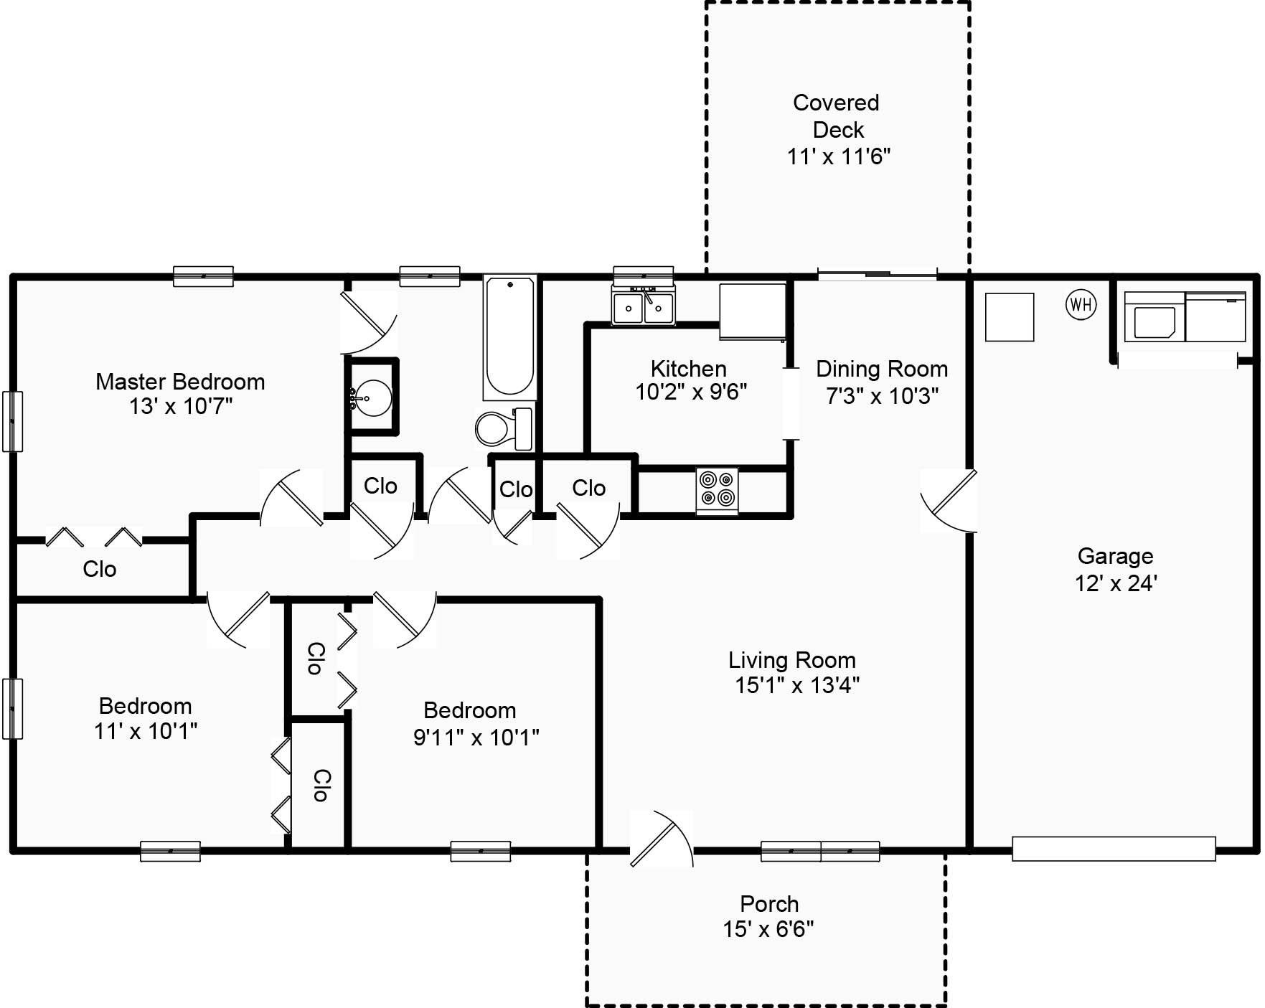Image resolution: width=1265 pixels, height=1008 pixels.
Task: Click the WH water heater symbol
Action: pyautogui.click(x=1081, y=304)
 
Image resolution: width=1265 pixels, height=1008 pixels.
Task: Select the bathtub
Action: pyautogui.click(x=509, y=337)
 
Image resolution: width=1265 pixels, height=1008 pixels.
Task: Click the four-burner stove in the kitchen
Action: pyautogui.click(x=718, y=490)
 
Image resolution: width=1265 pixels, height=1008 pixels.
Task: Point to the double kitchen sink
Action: pyautogui.click(x=643, y=306)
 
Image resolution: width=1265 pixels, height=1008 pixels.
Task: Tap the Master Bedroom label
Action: pyautogui.click(x=180, y=382)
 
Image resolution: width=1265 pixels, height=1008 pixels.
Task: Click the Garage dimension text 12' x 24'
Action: pyautogui.click(x=1116, y=583)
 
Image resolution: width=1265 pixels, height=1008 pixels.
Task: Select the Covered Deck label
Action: pyautogui.click(x=837, y=116)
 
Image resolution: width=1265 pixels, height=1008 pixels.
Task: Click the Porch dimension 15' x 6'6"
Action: pyautogui.click(x=768, y=929)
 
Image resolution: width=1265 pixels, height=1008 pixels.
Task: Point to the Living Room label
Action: pyautogui.click(x=792, y=660)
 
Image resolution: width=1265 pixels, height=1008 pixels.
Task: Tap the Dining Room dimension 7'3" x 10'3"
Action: pyautogui.click(x=882, y=395)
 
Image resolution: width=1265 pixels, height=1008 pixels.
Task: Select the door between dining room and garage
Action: pyautogui.click(x=949, y=501)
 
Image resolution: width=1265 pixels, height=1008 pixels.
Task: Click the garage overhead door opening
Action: pyautogui.click(x=1114, y=849)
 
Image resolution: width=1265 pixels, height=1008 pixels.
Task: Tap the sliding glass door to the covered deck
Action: pyautogui.click(x=878, y=274)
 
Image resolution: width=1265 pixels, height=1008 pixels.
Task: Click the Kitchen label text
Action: pyautogui.click(x=689, y=369)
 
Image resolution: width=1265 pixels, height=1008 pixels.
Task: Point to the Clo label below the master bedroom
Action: pyautogui.click(x=100, y=569)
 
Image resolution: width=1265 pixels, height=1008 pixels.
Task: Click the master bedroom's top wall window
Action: pyautogui.click(x=204, y=276)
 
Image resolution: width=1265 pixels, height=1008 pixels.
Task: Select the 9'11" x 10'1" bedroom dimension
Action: pyautogui.click(x=476, y=737)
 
